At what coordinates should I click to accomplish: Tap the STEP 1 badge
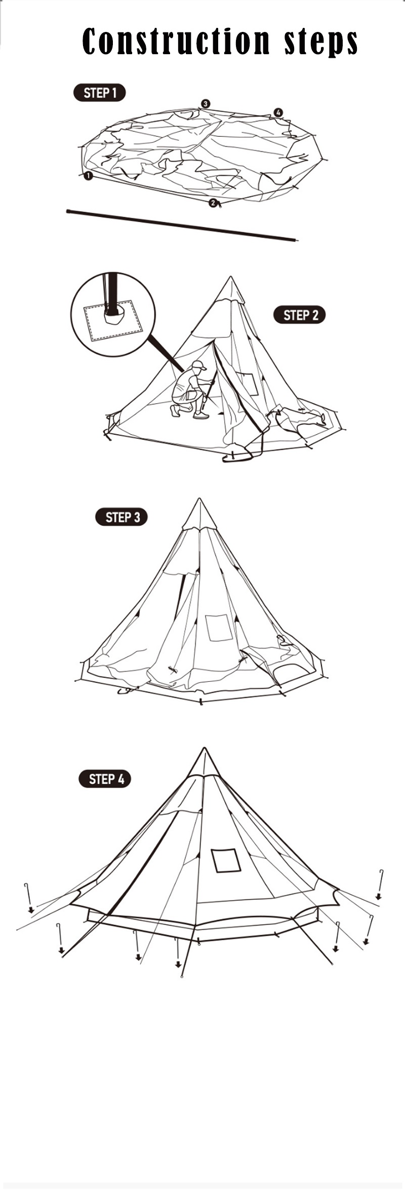pos(100,93)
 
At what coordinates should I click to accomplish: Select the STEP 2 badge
pos(300,315)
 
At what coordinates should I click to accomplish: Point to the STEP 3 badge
pos(121,517)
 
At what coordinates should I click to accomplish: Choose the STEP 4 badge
pos(105,779)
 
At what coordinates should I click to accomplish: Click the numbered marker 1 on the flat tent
pos(88,176)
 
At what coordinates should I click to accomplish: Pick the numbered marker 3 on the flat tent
pos(205,103)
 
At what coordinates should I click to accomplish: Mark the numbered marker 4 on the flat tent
pos(278,112)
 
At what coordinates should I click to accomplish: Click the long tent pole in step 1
pos(182,225)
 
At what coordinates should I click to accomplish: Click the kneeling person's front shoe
pos(201,416)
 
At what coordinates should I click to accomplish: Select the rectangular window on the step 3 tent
pos(219,628)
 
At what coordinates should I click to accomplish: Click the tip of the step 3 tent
pos(199,498)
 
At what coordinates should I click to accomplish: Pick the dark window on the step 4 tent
pos(226,861)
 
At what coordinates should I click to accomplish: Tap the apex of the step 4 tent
pos(205,748)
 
